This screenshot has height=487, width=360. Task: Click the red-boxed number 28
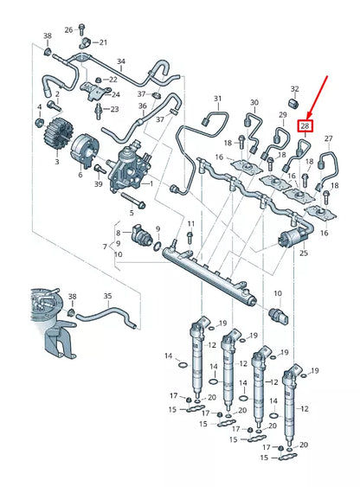[x=305, y=126]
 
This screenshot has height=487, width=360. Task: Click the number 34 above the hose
[x=121, y=62]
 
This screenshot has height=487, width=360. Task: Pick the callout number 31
[x=217, y=99]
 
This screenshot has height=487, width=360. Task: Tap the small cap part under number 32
[x=294, y=106]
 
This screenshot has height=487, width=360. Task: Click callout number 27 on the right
[x=328, y=138]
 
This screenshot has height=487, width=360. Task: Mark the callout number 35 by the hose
[x=108, y=297]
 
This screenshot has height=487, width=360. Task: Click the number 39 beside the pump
[x=98, y=183]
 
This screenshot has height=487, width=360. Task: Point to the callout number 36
[x=141, y=106]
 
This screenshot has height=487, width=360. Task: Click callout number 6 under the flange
[x=80, y=175]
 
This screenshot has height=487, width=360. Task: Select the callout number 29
[x=282, y=114]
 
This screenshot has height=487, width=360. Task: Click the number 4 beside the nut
[x=39, y=107]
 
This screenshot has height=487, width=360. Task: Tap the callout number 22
[x=113, y=79]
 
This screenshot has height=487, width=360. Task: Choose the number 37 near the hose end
[x=160, y=118]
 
